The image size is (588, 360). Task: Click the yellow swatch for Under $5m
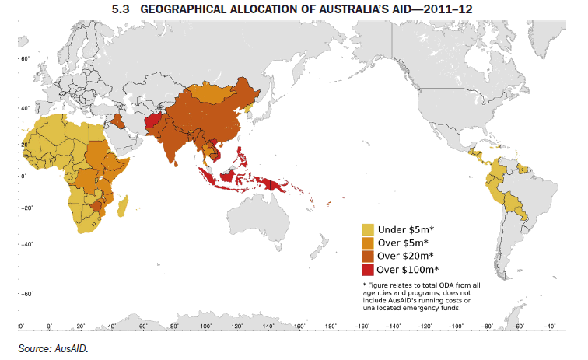click(368, 229)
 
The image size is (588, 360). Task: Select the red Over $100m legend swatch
click(368, 270)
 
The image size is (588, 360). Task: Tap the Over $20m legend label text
click(404, 257)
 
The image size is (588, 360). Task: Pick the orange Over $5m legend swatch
click(368, 243)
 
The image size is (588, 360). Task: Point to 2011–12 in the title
click(449, 9)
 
